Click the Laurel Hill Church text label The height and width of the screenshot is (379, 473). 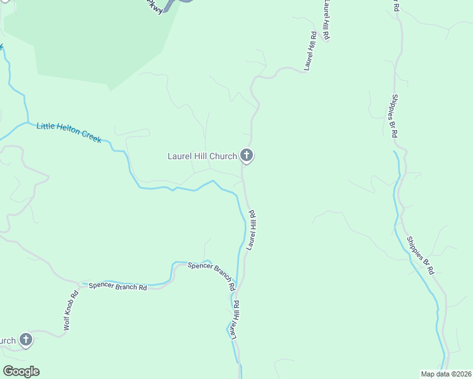pyautogui.click(x=202, y=156)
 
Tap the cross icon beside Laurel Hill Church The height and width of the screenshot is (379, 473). pyautogui.click(x=247, y=155)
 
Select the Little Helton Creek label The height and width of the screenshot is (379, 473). pyautogui.click(x=69, y=133)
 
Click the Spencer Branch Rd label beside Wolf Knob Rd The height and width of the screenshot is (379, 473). pyautogui.click(x=118, y=286)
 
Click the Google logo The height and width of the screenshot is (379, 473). pyautogui.click(x=21, y=371)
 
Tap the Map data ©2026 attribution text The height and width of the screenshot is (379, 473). pyautogui.click(x=446, y=374)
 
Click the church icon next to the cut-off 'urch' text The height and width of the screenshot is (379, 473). pyautogui.click(x=26, y=340)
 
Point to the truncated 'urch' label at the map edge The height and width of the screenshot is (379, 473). pyautogui.click(x=7, y=341)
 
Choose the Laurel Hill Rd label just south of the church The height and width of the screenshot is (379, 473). pyautogui.click(x=252, y=230)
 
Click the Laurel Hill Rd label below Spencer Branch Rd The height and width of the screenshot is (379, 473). pyautogui.click(x=235, y=320)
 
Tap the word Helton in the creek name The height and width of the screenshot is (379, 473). pyautogui.click(x=70, y=133)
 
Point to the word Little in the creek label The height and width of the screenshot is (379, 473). pyautogui.click(x=46, y=127)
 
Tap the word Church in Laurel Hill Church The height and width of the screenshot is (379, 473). pyautogui.click(x=224, y=156)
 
